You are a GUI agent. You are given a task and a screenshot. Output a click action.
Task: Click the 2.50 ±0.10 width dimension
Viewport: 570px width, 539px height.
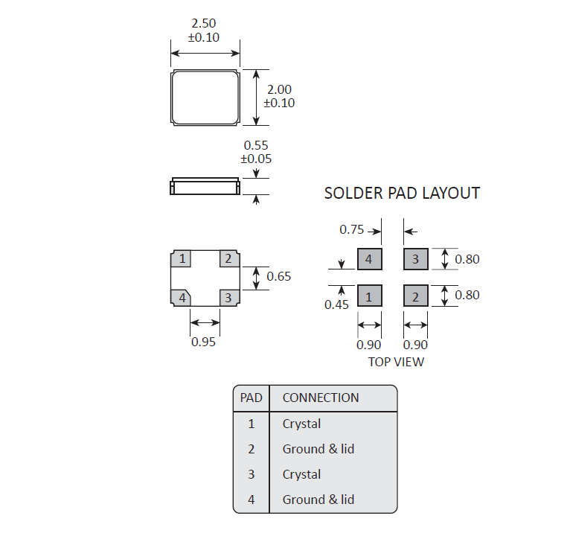point(203,31)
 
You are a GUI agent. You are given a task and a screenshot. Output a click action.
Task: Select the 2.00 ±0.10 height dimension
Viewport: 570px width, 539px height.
point(279,96)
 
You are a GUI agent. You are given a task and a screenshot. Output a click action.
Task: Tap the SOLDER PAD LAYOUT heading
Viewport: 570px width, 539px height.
point(402,194)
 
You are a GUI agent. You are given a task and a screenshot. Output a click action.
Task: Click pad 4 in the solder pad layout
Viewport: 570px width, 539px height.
point(370,259)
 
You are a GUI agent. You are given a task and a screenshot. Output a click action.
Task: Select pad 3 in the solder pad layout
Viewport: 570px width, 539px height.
point(416,259)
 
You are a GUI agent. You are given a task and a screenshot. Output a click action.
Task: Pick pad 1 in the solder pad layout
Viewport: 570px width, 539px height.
point(370,297)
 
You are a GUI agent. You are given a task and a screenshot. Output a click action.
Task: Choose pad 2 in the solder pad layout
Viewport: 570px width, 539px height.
point(416,297)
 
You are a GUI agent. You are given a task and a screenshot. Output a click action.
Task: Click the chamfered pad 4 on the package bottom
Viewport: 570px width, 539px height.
point(181,298)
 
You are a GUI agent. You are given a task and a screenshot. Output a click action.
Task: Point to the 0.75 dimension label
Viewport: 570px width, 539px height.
point(352,229)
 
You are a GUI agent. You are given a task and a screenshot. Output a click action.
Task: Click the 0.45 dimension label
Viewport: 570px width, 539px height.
point(336,304)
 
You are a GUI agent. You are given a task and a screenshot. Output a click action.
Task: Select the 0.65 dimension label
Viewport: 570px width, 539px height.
point(279,276)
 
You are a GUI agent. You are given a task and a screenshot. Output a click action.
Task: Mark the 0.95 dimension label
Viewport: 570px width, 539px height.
point(203,342)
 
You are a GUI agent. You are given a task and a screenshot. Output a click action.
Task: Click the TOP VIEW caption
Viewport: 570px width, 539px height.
point(396,362)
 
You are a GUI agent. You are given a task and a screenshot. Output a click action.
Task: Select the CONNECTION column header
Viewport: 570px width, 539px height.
point(321,398)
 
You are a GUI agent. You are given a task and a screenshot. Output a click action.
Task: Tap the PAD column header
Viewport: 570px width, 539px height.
point(252,398)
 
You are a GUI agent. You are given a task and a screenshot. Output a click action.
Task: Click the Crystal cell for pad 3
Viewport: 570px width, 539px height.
point(301,474)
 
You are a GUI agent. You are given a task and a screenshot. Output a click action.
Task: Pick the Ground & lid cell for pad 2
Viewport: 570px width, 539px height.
point(318,449)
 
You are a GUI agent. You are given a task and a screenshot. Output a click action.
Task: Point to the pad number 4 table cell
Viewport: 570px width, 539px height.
point(252,500)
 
